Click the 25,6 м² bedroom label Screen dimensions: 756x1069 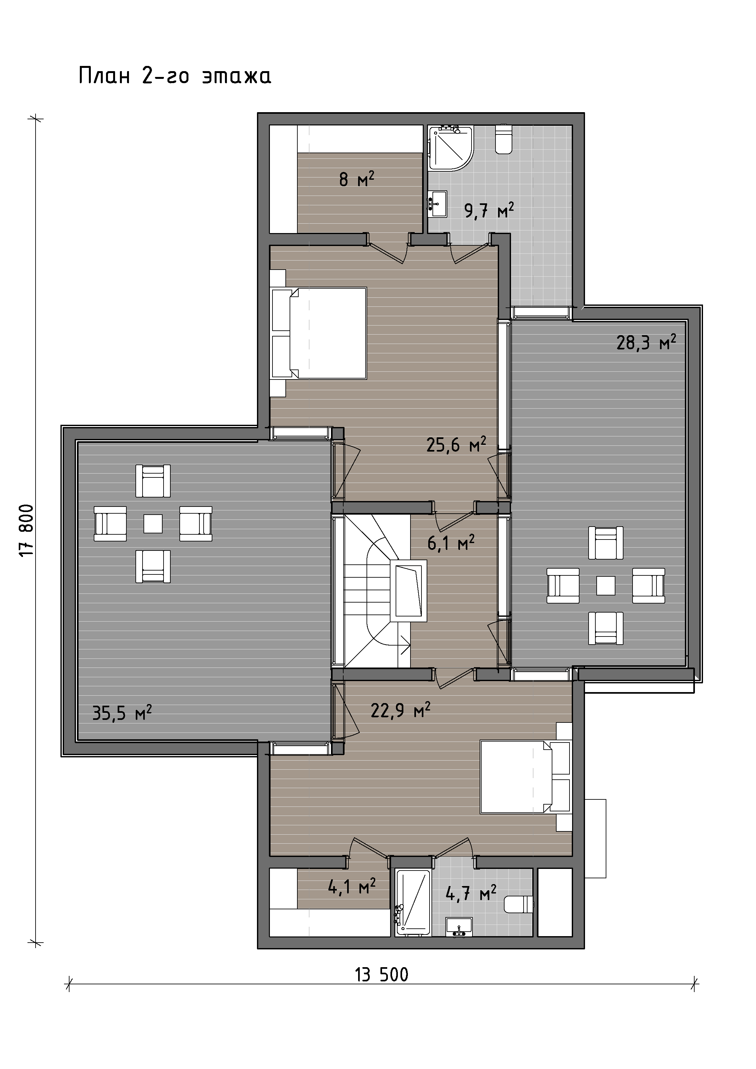[456, 445]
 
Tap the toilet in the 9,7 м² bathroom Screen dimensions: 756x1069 [504, 139]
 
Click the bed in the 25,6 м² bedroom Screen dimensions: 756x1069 [319, 333]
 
